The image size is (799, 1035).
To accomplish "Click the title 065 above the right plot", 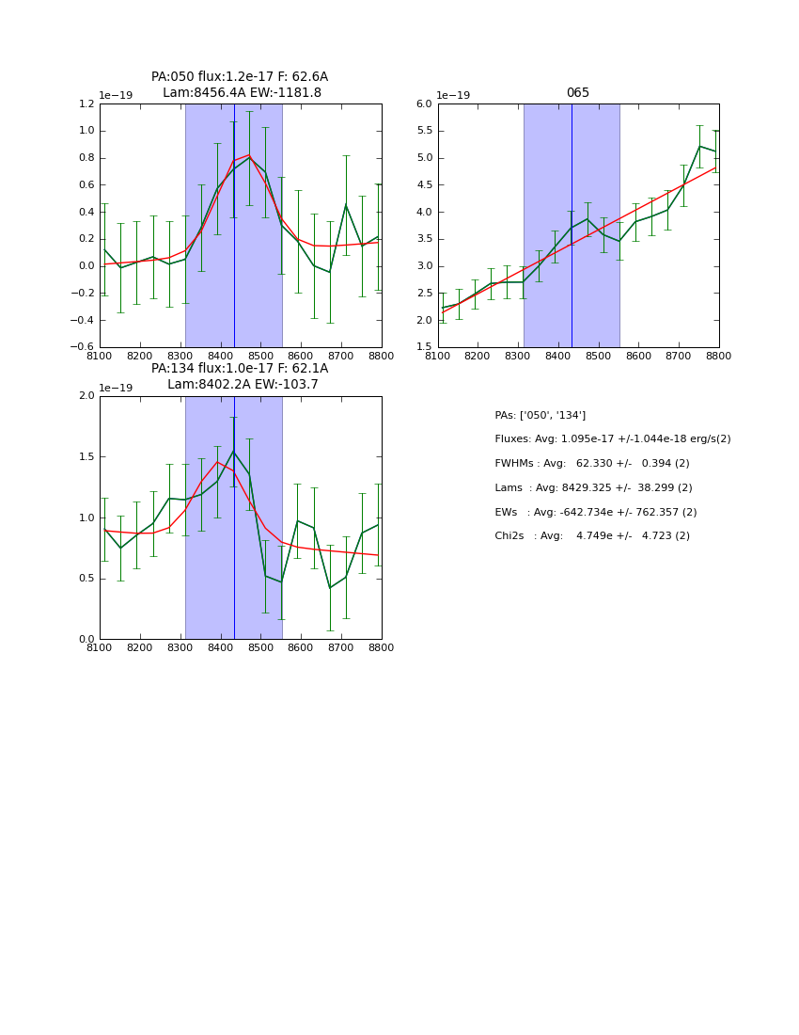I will pyautogui.click(x=577, y=93).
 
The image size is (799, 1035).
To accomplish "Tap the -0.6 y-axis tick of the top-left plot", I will pyautogui.click(x=83, y=347).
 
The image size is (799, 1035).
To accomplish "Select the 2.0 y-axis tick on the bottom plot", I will pyautogui.click(x=86, y=396).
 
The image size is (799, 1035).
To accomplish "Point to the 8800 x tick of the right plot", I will pyautogui.click(x=719, y=356).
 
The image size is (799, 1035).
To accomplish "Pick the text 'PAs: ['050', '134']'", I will pyautogui.click(x=540, y=415).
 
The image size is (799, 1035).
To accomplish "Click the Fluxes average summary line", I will pyautogui.click(x=612, y=439).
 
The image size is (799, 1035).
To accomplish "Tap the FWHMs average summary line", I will pyautogui.click(x=591, y=463).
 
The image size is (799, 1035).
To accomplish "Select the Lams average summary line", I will pyautogui.click(x=593, y=487).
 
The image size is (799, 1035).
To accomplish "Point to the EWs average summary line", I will pyautogui.click(x=595, y=512).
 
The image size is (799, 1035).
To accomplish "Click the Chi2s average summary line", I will pyautogui.click(x=591, y=536).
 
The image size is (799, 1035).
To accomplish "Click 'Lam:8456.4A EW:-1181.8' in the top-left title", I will pyautogui.click(x=242, y=93).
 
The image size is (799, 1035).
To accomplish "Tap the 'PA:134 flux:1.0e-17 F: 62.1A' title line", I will pyautogui.click(x=240, y=369).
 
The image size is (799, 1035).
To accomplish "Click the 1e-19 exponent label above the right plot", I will pyautogui.click(x=454, y=96).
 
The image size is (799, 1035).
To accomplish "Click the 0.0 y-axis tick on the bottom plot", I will pyautogui.click(x=86, y=639).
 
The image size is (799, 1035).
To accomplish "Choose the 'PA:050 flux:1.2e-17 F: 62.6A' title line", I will pyautogui.click(x=240, y=77).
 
